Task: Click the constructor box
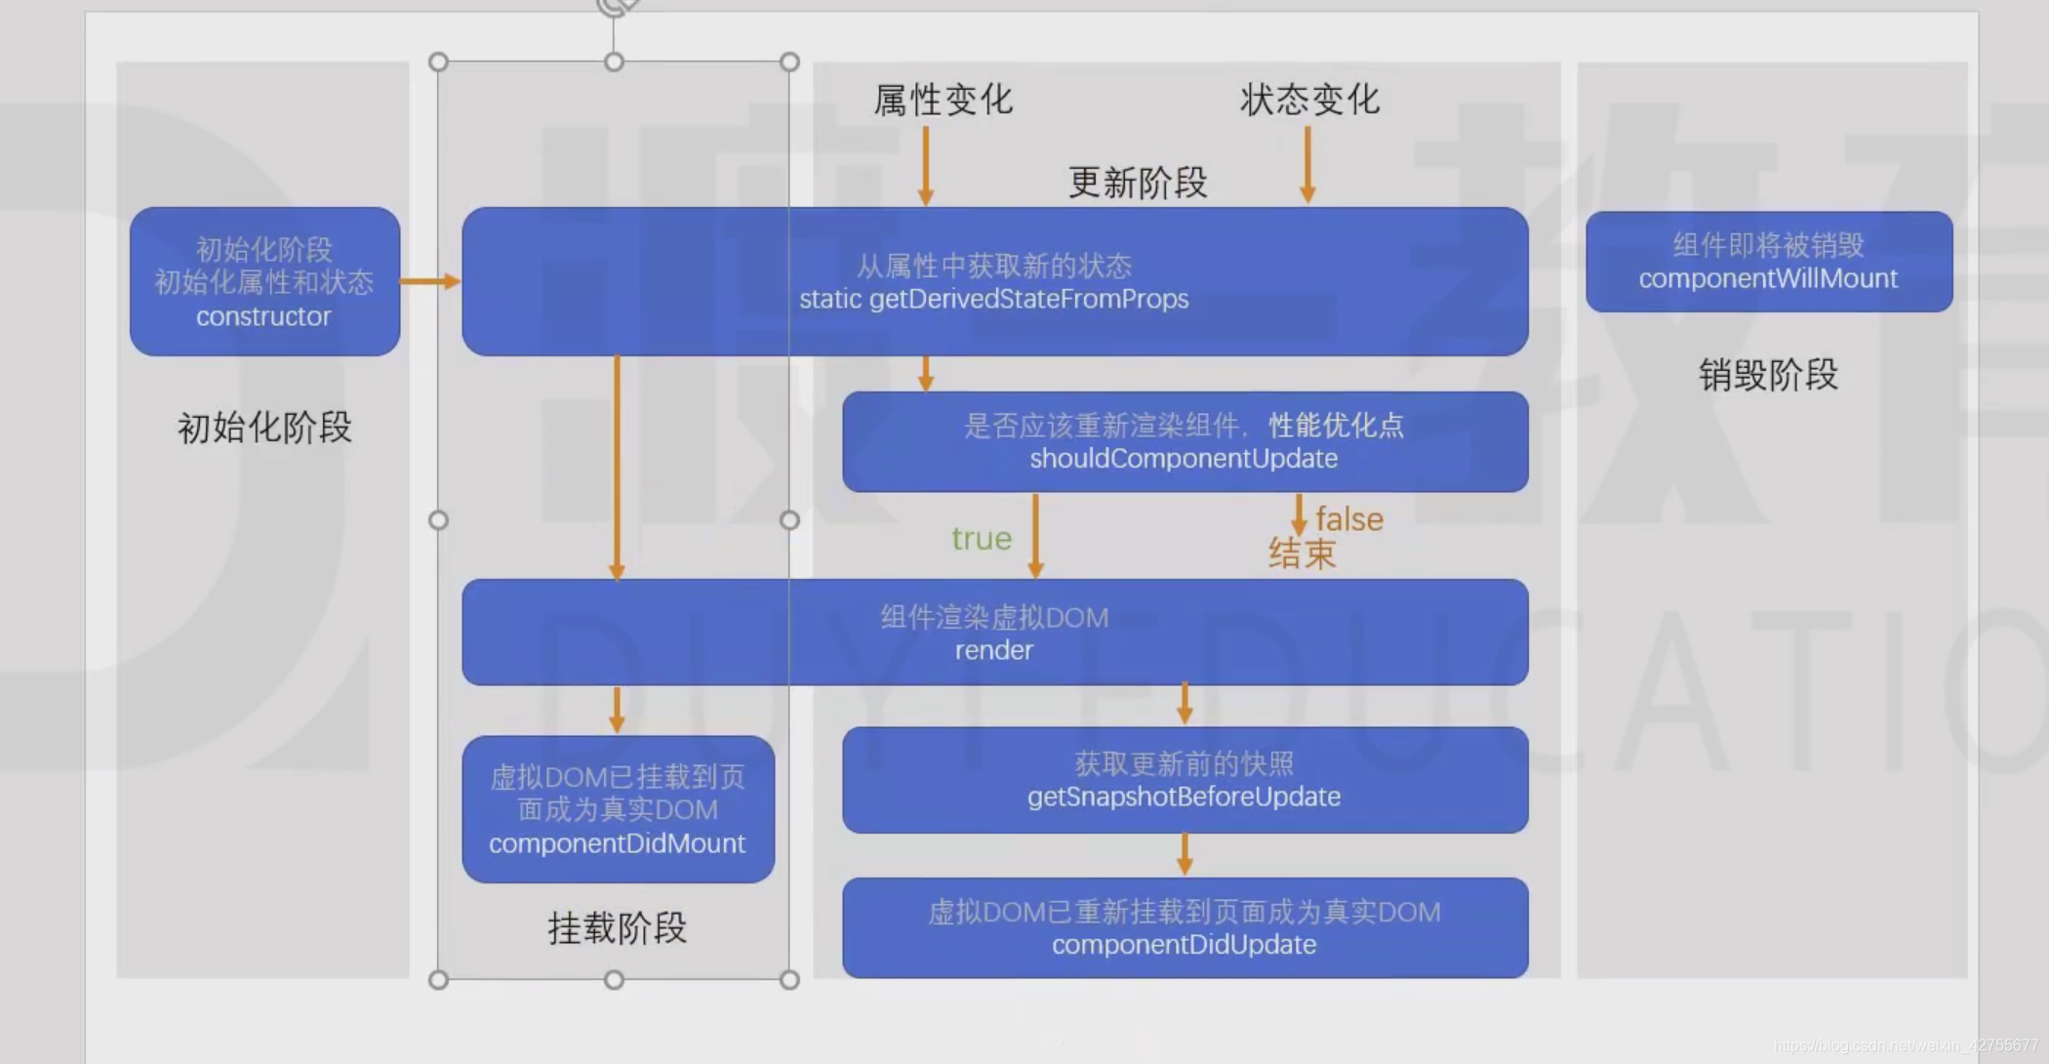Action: click(264, 281)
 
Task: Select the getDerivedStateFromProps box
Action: click(994, 281)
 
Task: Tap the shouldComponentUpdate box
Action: click(1185, 442)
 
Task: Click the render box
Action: click(994, 633)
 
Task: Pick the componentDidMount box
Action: click(618, 809)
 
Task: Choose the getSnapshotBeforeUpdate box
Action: click(1185, 780)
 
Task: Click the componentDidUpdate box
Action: click(1185, 928)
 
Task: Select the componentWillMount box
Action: click(1768, 262)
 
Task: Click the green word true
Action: click(982, 539)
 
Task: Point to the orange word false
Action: click(1348, 519)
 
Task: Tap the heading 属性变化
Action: click(943, 101)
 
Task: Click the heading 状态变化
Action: click(1309, 100)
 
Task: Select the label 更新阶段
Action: click(1138, 183)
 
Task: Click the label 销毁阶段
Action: click(1768, 375)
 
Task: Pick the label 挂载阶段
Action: click(617, 928)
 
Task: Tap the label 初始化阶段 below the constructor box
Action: click(264, 428)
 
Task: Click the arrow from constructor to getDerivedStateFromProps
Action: click(430, 281)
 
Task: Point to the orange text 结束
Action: click(1302, 554)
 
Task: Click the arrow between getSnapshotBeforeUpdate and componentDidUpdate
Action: click(1185, 854)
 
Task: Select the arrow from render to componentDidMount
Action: click(617, 710)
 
